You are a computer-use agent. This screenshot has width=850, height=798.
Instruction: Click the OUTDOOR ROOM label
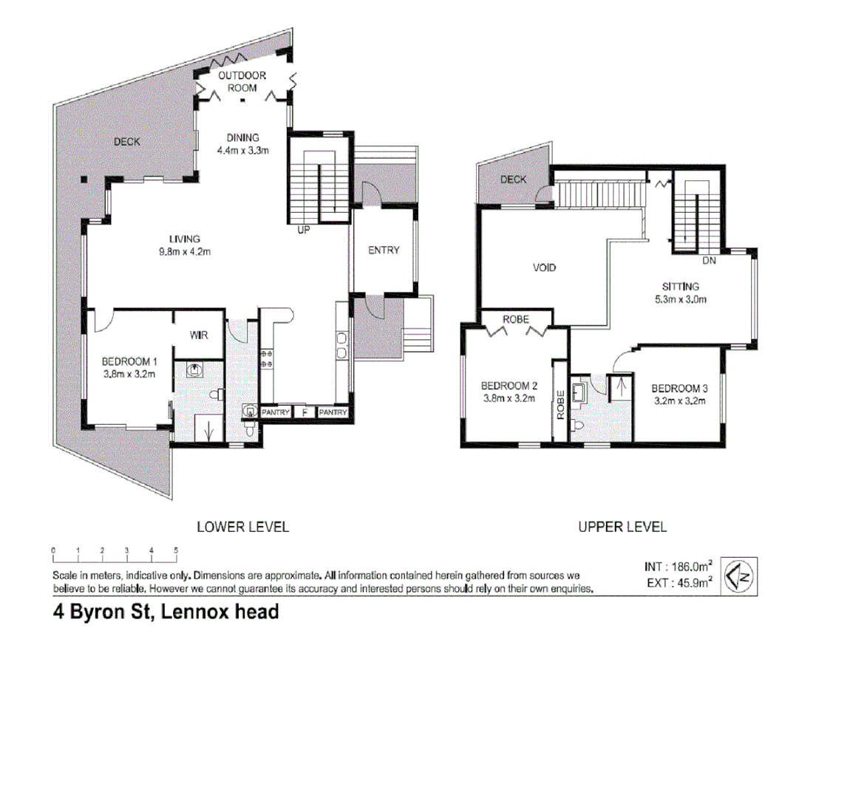click(242, 81)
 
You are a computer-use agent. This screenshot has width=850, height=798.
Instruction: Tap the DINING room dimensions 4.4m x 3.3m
click(242, 151)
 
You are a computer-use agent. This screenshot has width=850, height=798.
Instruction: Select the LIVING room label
click(185, 239)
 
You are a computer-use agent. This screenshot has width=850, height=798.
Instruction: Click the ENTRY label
click(384, 250)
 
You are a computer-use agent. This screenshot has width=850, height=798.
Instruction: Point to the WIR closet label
click(199, 335)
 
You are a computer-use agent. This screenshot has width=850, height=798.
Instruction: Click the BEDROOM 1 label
click(129, 361)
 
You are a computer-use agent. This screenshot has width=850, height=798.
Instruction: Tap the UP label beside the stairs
click(304, 230)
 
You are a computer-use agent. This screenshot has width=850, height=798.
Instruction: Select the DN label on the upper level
click(709, 261)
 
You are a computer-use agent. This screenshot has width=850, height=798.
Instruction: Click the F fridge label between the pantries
click(304, 412)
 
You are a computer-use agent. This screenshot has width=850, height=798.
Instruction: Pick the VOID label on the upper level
click(544, 267)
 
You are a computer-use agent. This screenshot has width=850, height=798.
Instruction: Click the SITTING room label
click(680, 287)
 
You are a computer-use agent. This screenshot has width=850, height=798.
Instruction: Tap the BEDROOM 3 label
click(679, 388)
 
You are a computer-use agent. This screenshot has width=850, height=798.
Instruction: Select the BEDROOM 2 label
click(509, 386)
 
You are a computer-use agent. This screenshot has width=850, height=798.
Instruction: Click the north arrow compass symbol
click(738, 576)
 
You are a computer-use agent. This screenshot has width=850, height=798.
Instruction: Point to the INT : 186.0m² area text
click(678, 567)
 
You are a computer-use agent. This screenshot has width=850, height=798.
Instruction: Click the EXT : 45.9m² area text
click(678, 582)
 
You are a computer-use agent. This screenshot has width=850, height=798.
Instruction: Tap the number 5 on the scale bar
click(176, 550)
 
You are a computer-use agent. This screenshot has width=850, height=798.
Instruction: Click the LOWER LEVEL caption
click(242, 527)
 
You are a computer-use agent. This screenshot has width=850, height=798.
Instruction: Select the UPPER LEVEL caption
click(622, 527)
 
